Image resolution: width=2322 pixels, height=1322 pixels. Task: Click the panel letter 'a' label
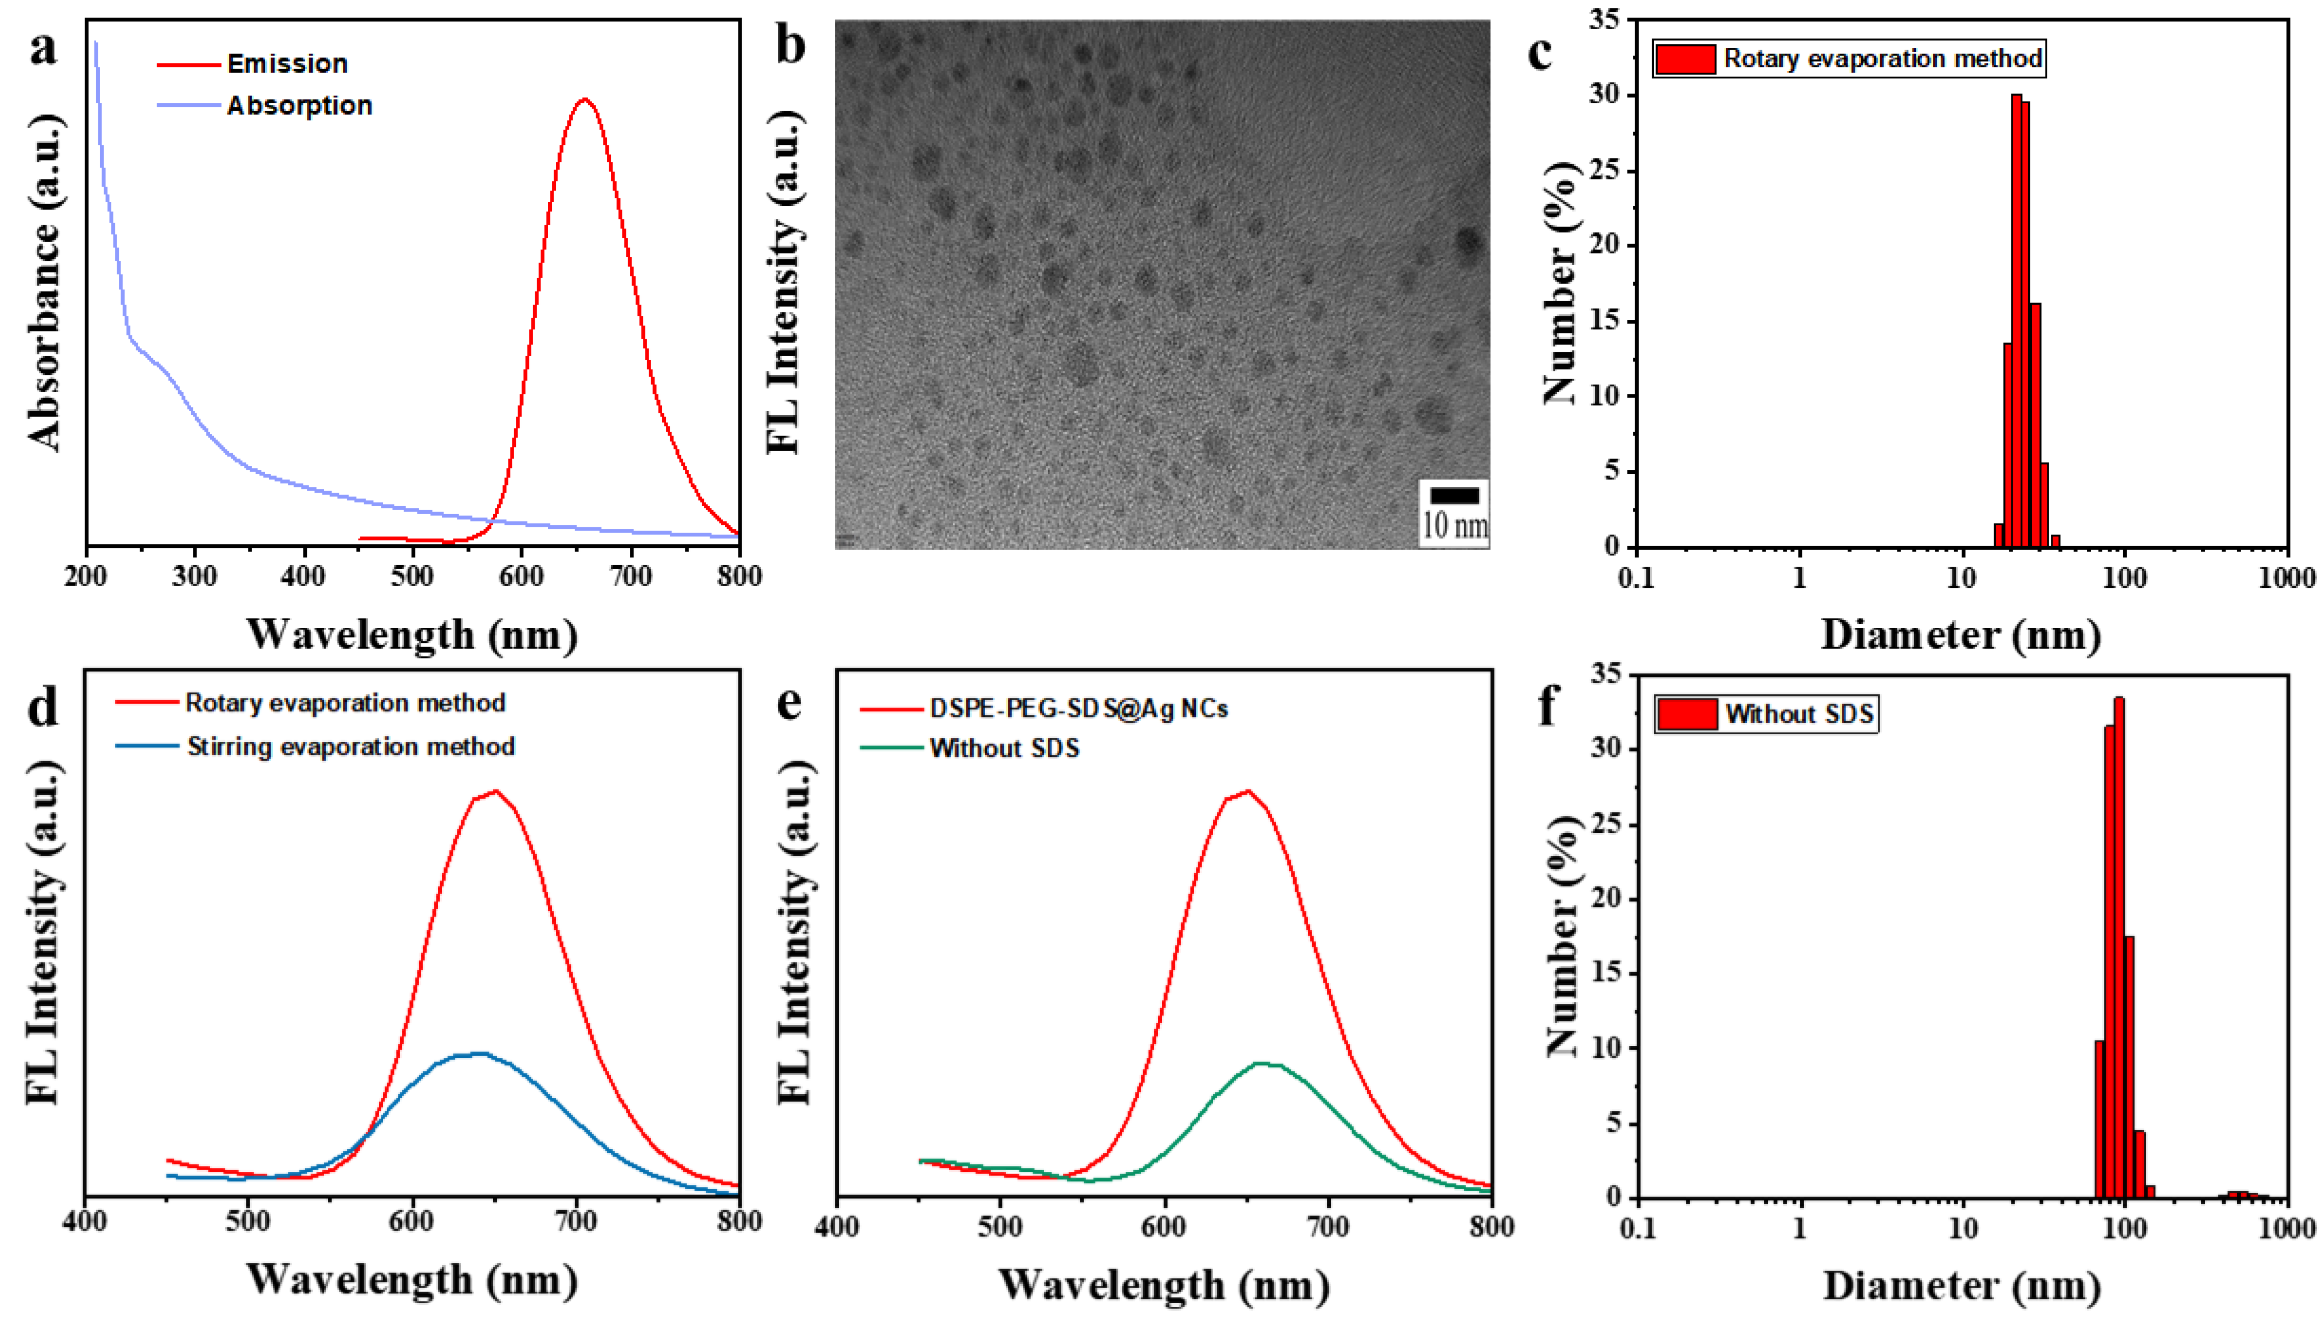click(43, 47)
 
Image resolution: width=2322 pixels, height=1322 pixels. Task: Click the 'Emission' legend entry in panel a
click(287, 64)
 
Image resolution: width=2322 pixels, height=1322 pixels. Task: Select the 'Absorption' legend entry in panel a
click(299, 105)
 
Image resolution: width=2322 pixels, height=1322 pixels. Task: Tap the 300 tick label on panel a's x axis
click(194, 576)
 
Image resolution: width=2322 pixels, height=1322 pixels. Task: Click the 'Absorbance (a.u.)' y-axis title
click(44, 281)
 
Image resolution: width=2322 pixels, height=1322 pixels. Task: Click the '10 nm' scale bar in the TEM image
click(1454, 513)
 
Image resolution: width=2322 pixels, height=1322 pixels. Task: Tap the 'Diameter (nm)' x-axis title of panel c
click(1961, 634)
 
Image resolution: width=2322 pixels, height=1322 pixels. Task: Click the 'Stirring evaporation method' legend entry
click(351, 746)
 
